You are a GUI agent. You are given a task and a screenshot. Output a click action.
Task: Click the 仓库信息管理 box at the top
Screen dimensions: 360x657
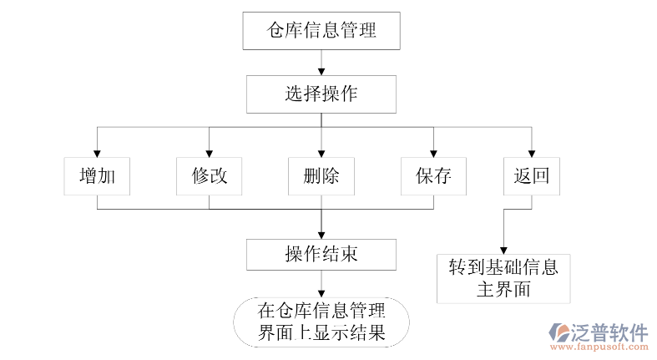321,32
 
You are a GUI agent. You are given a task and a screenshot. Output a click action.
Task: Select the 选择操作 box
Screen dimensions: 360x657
321,94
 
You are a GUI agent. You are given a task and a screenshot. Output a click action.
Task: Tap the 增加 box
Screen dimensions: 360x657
98,176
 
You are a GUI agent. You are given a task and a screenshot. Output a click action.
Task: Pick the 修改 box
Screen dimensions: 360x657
210,176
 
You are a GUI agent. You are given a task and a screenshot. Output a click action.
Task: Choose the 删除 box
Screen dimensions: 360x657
321,176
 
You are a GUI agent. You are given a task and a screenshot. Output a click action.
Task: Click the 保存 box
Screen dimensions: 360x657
433,176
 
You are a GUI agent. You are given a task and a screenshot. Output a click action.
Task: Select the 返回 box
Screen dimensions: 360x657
532,176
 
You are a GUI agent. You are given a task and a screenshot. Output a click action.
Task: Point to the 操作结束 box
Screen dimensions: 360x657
321,254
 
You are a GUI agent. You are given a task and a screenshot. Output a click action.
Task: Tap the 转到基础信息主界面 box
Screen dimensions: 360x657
503,278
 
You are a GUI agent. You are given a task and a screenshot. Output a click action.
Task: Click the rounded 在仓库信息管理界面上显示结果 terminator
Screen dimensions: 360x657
321,322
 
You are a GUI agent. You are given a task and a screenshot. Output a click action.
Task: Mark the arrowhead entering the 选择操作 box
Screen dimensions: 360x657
321,70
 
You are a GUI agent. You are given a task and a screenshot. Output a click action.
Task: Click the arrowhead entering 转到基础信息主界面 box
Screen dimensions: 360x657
502,250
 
